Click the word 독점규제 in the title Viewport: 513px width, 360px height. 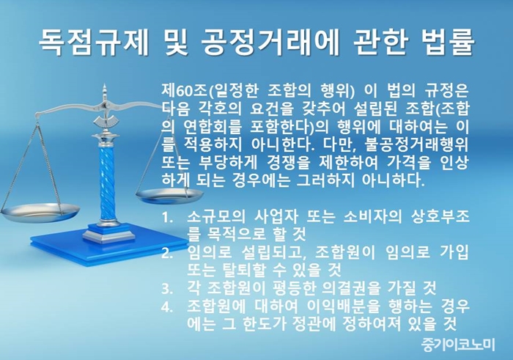(x=94, y=43)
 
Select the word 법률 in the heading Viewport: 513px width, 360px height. (x=446, y=43)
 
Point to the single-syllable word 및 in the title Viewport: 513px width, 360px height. (x=174, y=43)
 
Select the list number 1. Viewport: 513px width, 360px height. (x=167, y=218)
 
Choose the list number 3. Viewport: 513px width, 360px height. (x=167, y=288)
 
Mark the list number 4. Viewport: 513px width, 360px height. (x=167, y=306)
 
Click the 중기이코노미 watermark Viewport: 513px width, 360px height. (x=458, y=344)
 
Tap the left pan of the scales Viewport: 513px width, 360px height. (x=40, y=212)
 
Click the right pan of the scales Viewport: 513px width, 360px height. (x=169, y=196)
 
